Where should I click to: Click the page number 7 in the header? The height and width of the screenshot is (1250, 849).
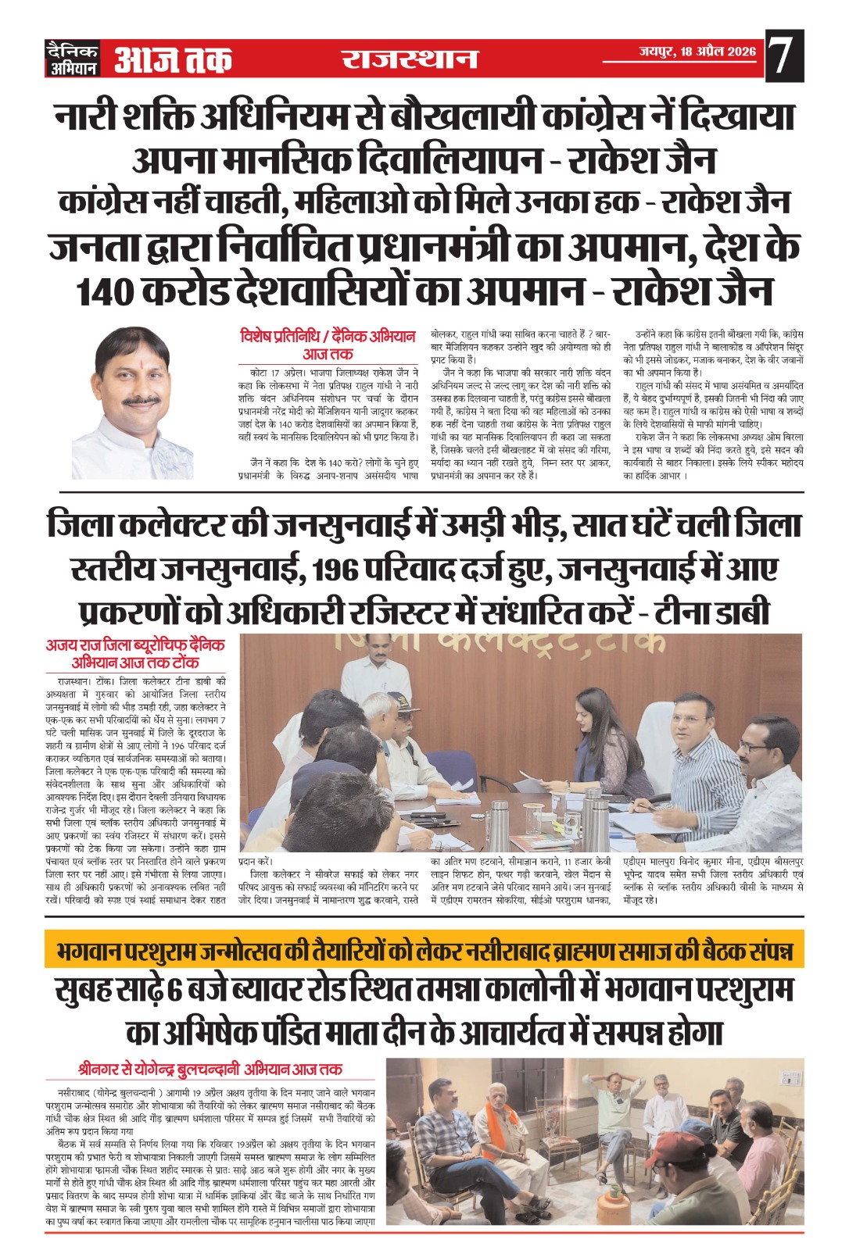pyautogui.click(x=783, y=57)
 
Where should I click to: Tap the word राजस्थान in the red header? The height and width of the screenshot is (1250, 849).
pyautogui.click(x=410, y=59)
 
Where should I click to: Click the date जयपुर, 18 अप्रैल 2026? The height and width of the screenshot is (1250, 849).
pyautogui.click(x=697, y=52)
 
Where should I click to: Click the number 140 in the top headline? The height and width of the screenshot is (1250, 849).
pyautogui.click(x=106, y=291)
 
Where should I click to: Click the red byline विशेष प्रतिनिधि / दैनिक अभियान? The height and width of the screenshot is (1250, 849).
pyautogui.click(x=328, y=337)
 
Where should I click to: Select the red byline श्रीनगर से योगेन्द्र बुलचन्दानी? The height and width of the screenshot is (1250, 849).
pyautogui.click(x=210, y=1069)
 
